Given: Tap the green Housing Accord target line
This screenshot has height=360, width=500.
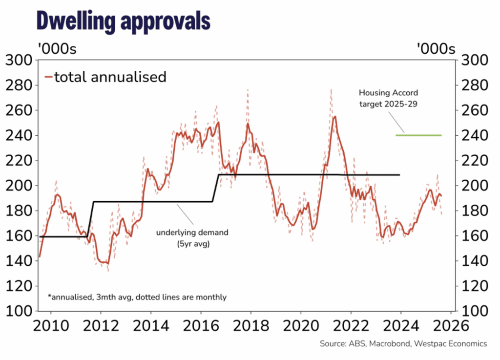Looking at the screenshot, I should point(418,135).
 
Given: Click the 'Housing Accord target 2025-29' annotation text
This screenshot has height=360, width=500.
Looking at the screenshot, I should point(388,98).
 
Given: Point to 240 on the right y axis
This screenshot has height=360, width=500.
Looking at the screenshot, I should point(474,135).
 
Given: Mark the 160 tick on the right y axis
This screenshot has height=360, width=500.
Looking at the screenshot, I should point(474,236).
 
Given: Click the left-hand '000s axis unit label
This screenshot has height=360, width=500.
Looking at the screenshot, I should point(57,49).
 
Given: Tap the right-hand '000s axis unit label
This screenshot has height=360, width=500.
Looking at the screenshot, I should point(436,49).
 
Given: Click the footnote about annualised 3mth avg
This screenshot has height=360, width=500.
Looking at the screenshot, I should point(137,296).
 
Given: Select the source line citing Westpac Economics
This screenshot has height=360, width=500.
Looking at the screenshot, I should point(403,344).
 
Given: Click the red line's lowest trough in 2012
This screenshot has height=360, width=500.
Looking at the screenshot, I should point(107,264).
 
